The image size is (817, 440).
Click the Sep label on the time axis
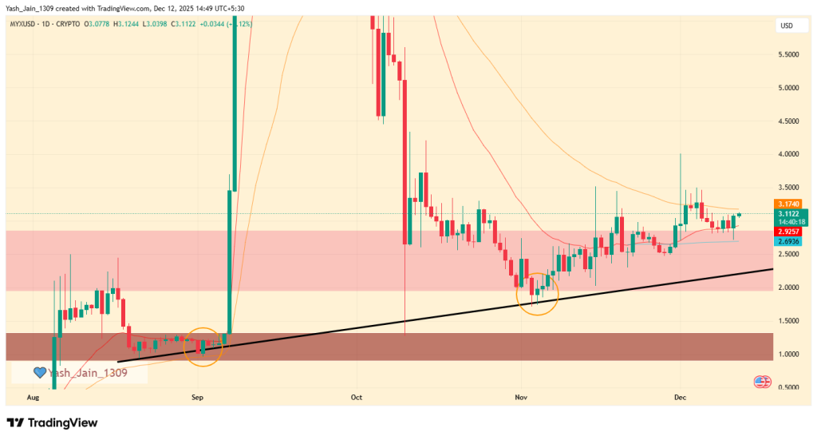[x=198, y=396]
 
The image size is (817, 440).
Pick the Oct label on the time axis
[x=357, y=396]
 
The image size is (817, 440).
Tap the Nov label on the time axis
[x=521, y=396]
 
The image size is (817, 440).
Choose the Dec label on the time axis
[x=680, y=396]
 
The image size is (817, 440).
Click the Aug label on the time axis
[x=33, y=396]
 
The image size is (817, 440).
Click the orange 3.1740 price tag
[x=788, y=204]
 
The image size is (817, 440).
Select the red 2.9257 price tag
[x=788, y=231]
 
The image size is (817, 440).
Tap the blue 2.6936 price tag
[x=788, y=240]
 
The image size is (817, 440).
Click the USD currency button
[x=787, y=26]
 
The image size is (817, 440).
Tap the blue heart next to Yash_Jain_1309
[x=39, y=372]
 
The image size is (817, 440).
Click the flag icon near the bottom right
[x=761, y=383]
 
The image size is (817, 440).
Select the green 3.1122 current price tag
[x=788, y=214]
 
